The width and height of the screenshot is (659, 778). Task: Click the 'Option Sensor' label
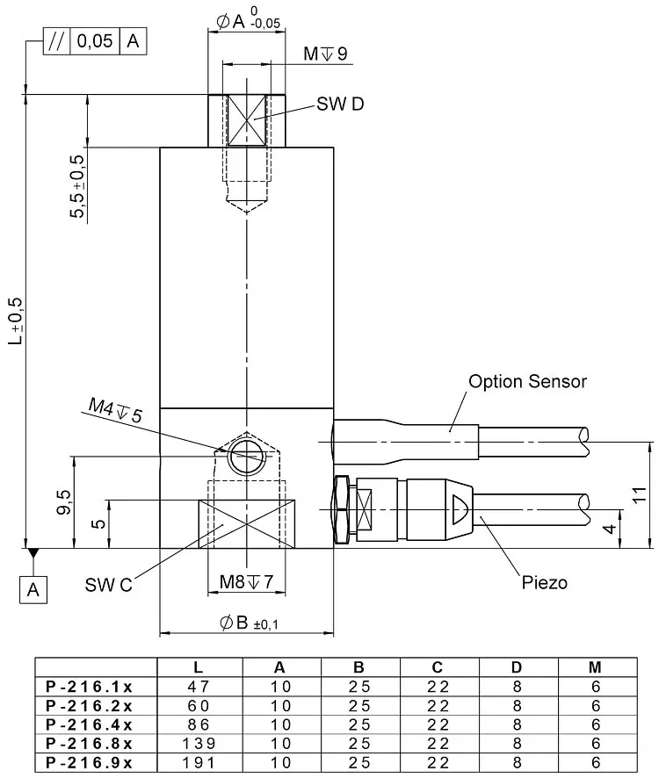coord(527,382)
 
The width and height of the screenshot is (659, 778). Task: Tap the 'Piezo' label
coord(544,582)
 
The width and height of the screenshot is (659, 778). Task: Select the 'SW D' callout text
coord(340,104)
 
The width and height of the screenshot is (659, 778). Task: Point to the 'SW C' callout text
coord(108,585)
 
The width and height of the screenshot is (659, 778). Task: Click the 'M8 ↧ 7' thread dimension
coord(246,581)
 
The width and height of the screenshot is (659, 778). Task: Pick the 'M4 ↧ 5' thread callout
coord(115,410)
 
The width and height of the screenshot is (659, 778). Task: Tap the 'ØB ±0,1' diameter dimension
coord(249,623)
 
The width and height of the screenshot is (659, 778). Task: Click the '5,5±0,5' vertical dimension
coord(77,186)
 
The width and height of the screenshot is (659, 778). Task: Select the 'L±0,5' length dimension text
coord(16,321)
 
